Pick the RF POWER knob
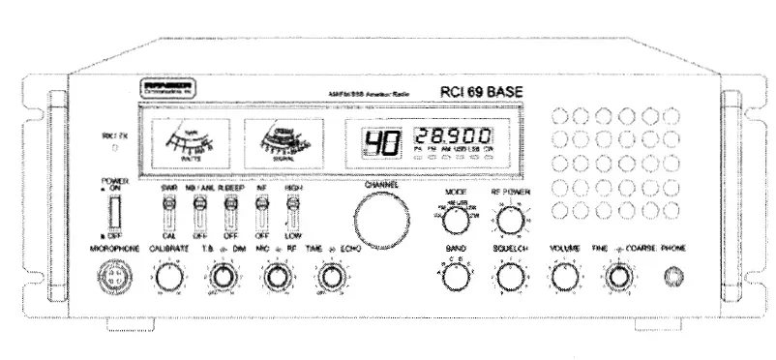pos(509,222)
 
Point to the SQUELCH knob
pos(509,278)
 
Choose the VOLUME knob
pos(564,278)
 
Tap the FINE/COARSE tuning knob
pos(618,278)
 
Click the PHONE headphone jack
pos(671,278)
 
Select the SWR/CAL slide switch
pos(168,207)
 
